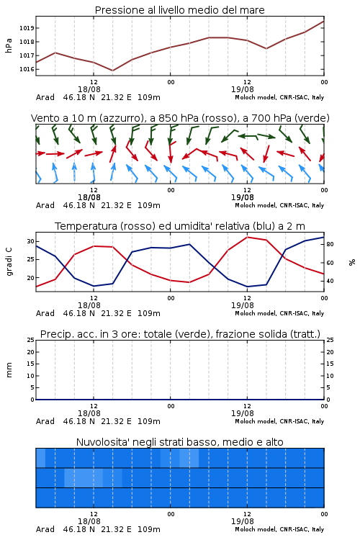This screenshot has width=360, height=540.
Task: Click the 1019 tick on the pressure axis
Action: click(x=27, y=28)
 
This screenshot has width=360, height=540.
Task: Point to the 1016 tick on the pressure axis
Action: click(x=27, y=69)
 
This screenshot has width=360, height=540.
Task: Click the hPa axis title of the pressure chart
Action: click(x=9, y=45)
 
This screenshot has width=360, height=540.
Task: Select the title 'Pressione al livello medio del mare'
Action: click(x=180, y=10)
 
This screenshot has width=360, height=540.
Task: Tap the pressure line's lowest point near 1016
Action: click(x=112, y=71)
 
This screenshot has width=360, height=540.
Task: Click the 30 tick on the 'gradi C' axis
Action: click(x=31, y=241)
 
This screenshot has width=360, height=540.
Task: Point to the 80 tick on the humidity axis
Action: click(x=330, y=244)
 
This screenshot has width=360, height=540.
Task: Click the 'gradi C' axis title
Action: click(x=9, y=261)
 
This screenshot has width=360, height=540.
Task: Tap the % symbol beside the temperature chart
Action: click(x=352, y=262)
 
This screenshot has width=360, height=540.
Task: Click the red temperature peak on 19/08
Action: click(x=247, y=237)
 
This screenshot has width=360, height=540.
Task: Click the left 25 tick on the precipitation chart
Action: click(x=31, y=340)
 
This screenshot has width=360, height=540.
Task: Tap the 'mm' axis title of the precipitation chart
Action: click(x=9, y=370)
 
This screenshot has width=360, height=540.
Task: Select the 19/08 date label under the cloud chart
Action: click(x=243, y=521)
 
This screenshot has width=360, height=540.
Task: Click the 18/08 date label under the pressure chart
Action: click(x=89, y=89)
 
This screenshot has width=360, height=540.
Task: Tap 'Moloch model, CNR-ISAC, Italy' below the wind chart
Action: click(x=279, y=205)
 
